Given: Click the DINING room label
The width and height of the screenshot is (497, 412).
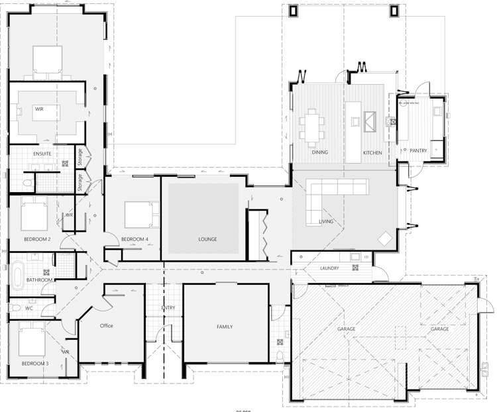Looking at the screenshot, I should [319, 153].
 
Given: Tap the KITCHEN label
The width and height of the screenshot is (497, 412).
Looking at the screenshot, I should [372, 153].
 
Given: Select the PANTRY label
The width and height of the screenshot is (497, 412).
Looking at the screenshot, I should [418, 150].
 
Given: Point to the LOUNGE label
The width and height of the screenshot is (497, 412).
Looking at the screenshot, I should [207, 239].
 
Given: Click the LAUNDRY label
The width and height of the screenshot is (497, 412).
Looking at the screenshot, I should [329, 268].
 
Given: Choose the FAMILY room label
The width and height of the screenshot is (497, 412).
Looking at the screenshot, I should [225, 327].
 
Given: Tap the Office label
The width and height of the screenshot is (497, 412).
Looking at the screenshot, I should [107, 326].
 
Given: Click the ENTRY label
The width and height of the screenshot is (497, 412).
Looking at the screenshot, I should [168, 308].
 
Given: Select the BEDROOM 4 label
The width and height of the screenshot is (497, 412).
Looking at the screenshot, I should [135, 238].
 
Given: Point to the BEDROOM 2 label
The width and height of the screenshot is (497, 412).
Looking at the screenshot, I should [37, 238].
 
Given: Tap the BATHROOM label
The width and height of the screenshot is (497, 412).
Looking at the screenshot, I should [39, 280].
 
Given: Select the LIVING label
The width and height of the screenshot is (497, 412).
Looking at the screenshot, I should [326, 222].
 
